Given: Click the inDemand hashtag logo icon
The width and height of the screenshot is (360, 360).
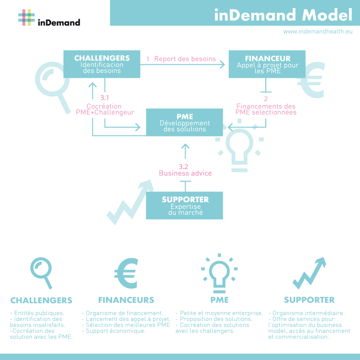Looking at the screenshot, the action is tap(26, 17).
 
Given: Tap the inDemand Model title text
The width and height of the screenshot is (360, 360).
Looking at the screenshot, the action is tap(283, 15).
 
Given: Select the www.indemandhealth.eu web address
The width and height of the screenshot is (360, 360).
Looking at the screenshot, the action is tap(318, 31).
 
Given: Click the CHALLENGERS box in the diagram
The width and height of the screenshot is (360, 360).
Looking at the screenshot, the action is tap(102, 64).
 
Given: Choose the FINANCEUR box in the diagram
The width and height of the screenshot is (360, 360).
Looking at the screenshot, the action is tap(267, 64).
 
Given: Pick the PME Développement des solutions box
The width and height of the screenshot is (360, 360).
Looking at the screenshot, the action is tap(185, 122).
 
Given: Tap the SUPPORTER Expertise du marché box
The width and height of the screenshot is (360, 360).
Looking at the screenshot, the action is tap(185, 205).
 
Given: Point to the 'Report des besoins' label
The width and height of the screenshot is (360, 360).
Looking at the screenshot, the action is tap(185, 59).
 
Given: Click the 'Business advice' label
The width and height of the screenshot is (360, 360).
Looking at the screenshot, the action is tap(185, 173).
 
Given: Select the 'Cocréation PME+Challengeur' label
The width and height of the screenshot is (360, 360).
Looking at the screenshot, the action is tap(105, 109).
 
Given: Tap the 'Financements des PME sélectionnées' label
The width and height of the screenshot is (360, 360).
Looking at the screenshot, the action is tap(266, 109).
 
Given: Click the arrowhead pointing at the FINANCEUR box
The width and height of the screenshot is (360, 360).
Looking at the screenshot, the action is tap(222, 64).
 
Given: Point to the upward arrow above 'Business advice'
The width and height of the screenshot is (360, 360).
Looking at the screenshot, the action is tap(185, 151).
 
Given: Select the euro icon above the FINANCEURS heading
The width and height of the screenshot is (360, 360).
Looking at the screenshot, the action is tap(127, 273).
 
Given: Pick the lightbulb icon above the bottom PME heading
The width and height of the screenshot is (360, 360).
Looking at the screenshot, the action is tap(219, 273).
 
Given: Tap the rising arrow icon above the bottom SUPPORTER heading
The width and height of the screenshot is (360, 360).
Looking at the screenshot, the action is tap(309, 273).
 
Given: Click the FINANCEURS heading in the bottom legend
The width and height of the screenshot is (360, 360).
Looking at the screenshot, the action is tap(126, 300).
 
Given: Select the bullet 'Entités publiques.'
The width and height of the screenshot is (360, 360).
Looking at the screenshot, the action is tap(37, 313).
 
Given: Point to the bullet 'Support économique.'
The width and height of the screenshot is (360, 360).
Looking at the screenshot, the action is tap(114, 331).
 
